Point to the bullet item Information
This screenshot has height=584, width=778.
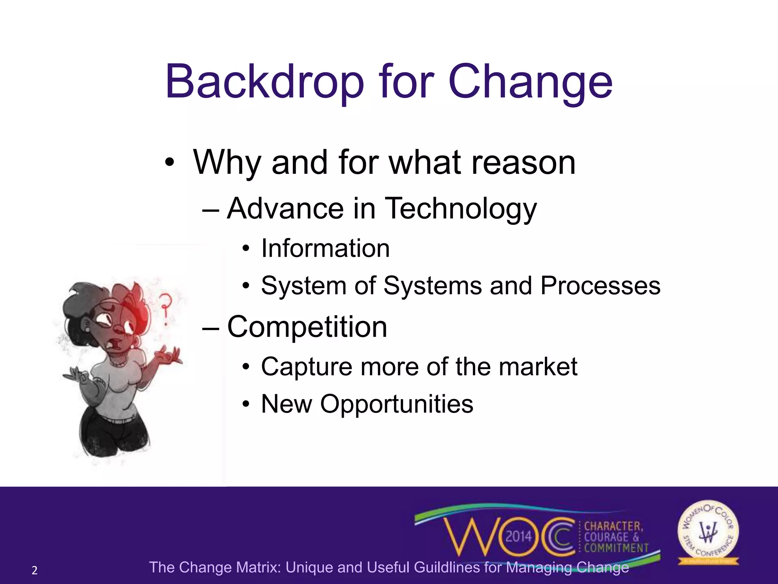(325, 249)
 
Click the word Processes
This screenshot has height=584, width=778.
(600, 286)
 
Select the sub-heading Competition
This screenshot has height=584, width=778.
(307, 327)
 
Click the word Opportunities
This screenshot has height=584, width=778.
(397, 404)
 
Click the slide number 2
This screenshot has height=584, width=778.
(35, 570)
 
